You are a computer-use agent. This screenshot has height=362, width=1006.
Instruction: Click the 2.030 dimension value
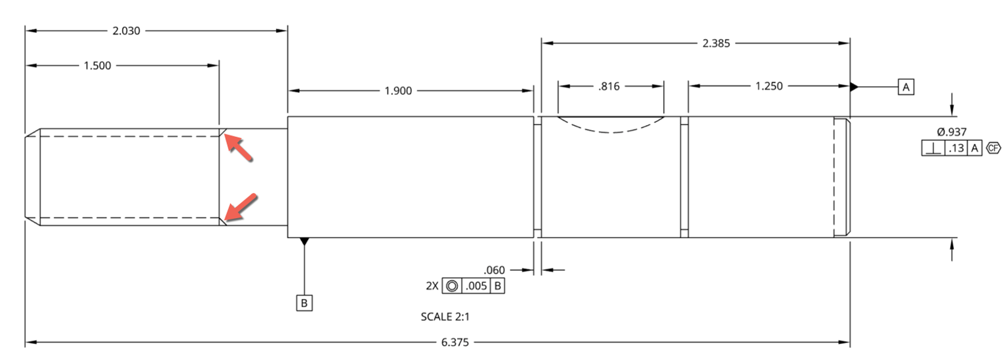[x=126, y=31]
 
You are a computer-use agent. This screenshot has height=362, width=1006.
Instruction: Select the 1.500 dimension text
[x=97, y=65]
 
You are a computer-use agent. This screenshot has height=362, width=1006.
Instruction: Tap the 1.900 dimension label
[x=399, y=91]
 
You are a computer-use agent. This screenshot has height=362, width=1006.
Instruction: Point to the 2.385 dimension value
[x=716, y=43]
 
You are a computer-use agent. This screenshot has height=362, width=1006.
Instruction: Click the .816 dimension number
[x=609, y=86]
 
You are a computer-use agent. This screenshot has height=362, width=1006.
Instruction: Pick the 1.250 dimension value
[x=769, y=86]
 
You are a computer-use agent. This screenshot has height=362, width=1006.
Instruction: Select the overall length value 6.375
[x=455, y=343]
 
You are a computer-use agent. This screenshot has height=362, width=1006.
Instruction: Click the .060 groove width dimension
[x=494, y=270]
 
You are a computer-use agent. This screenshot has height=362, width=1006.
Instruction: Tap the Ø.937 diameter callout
[x=952, y=132]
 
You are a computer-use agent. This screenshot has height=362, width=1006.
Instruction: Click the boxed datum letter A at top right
[x=906, y=87]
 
